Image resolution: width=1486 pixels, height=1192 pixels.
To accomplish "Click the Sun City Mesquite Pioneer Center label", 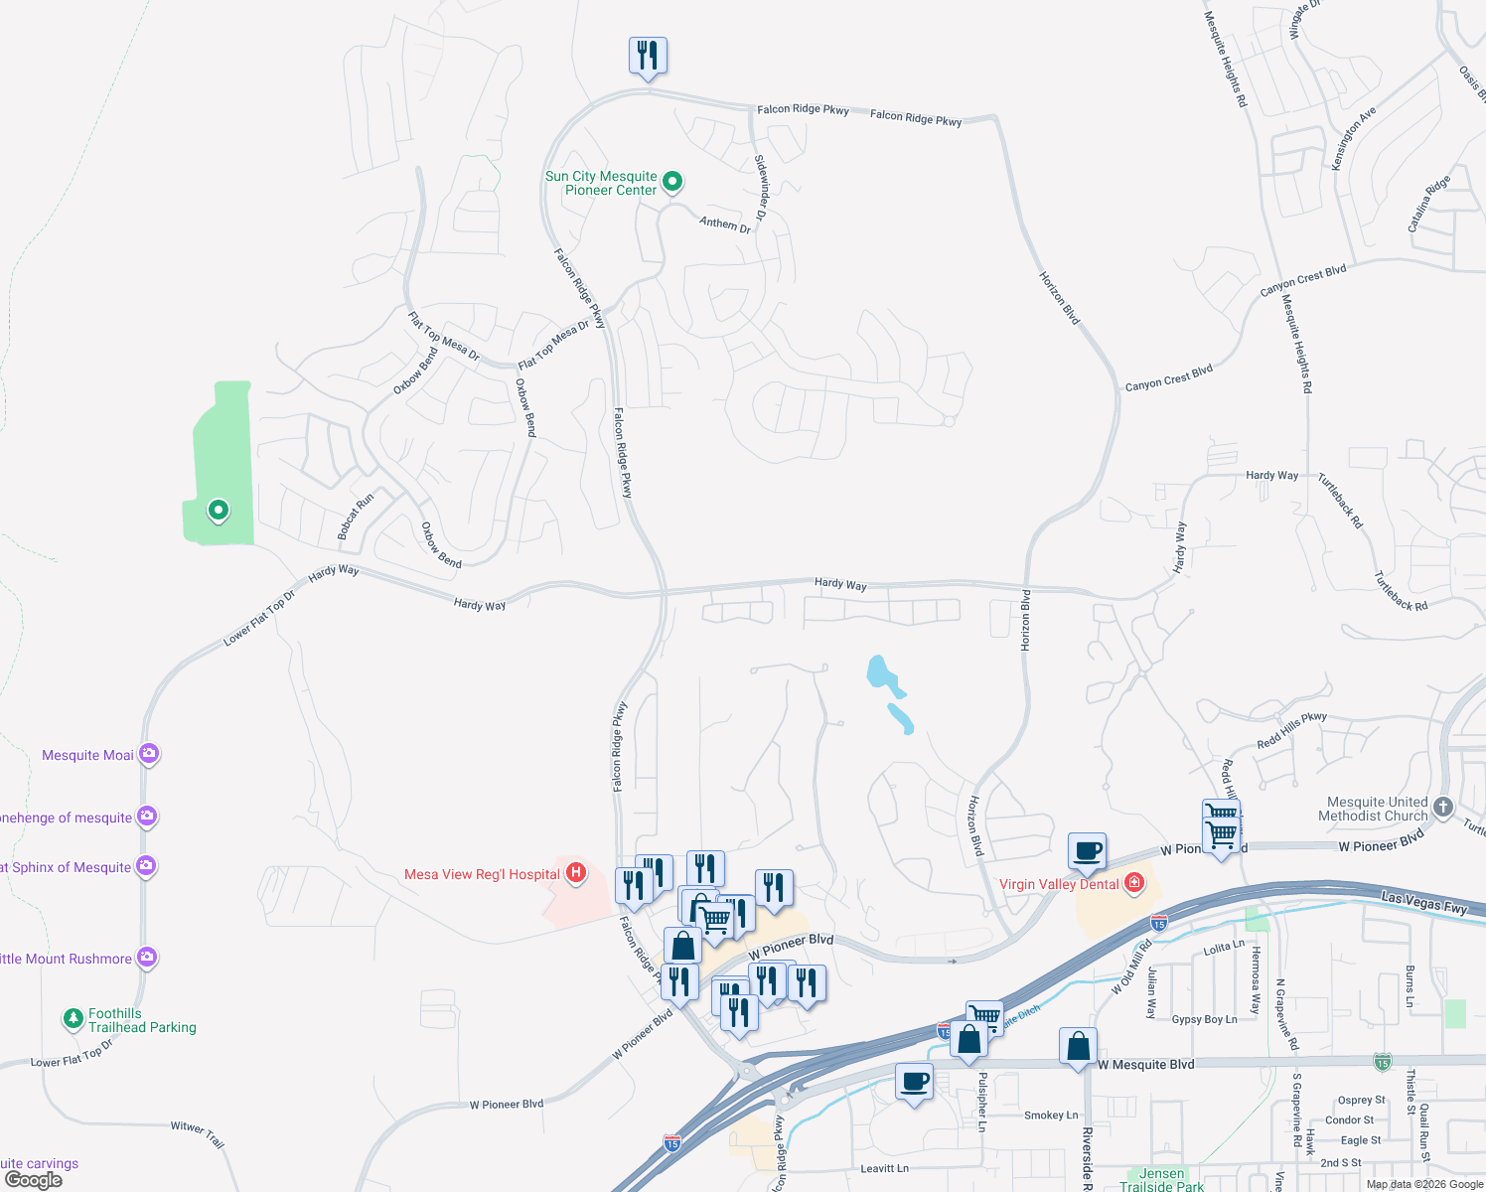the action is tap(601, 183).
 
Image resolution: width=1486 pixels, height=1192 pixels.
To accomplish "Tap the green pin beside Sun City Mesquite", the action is tap(672, 181).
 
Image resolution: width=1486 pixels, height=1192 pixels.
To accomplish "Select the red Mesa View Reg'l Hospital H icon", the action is tap(575, 874).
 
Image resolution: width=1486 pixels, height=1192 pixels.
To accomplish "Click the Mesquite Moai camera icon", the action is tap(149, 755).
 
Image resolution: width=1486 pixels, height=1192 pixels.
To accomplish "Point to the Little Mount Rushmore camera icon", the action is tap(147, 959).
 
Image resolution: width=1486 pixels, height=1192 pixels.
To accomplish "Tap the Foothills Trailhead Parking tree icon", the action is tap(73, 1019).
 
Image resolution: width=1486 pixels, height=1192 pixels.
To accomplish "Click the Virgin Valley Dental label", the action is tap(1059, 884).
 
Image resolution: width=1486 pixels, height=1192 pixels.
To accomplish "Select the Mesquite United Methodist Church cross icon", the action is tap(1443, 808).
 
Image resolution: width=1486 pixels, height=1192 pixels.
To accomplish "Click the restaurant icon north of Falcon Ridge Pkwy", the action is tap(648, 56).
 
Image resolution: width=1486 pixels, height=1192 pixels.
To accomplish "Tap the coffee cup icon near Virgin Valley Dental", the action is tap(1088, 850).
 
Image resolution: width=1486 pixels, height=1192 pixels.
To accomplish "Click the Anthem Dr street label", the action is tap(725, 224).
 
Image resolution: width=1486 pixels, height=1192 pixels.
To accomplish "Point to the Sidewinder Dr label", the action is tap(761, 188).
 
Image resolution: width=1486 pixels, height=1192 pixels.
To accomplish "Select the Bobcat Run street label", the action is tap(355, 517).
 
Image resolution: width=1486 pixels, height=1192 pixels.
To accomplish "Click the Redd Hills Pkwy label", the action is tap(1291, 730).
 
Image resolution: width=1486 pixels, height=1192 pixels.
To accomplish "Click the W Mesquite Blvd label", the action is tap(1146, 1065).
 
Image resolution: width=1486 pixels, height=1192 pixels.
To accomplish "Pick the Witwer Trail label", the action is tap(198, 1133).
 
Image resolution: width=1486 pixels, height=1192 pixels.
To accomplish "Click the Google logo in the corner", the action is tap(33, 1180).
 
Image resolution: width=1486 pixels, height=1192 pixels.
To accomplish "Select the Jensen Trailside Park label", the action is tap(1161, 1180).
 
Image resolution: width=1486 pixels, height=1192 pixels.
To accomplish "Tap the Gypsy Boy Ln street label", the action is tap(1204, 1020).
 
